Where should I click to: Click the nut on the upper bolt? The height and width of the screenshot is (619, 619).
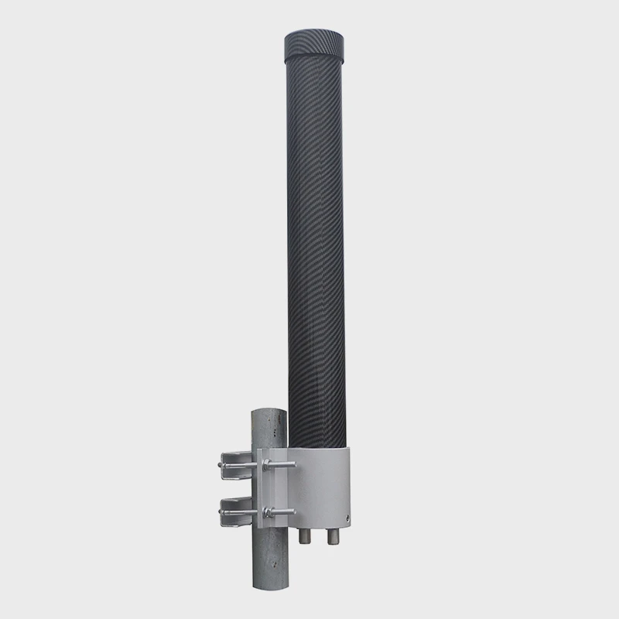(x=268, y=465)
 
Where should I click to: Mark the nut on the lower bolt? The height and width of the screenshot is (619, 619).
(x=268, y=511)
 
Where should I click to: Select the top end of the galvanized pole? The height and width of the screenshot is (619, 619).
(x=269, y=412)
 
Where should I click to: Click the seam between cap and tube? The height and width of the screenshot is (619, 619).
(x=313, y=62)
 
